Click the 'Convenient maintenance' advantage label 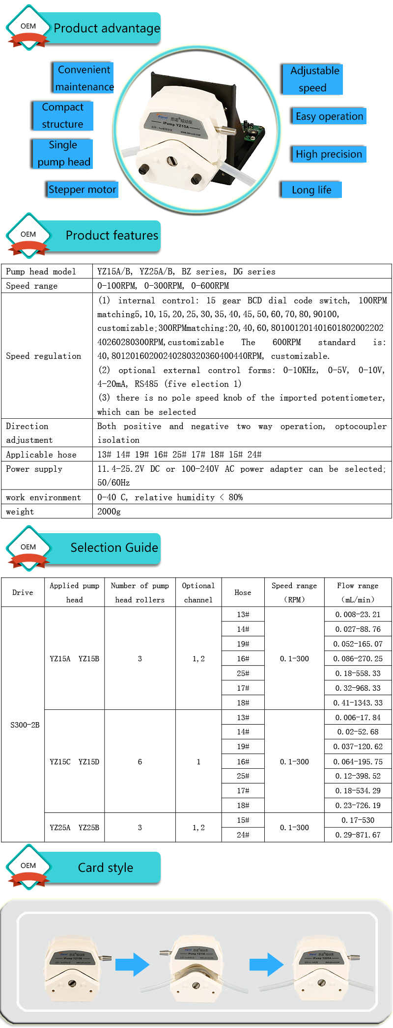(x=84, y=78)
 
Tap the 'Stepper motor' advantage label (x=83, y=189)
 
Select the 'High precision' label (x=329, y=154)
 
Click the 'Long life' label (x=311, y=190)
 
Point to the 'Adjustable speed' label (x=314, y=79)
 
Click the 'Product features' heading (x=112, y=236)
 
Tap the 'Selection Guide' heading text (x=114, y=547)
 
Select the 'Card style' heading (x=106, y=867)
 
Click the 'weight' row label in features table (x=20, y=512)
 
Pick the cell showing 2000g (x=109, y=512)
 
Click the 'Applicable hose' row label (x=41, y=455)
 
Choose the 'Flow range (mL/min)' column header (x=358, y=592)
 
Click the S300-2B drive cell (x=25, y=725)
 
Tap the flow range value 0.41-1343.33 (x=358, y=703)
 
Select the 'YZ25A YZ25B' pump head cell (x=74, y=827)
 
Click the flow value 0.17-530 (x=358, y=820)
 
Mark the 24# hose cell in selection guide (x=243, y=835)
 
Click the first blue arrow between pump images (x=133, y=964)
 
